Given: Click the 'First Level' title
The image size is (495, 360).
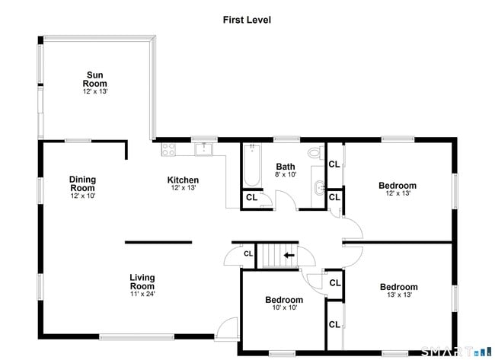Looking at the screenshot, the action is point(247,20).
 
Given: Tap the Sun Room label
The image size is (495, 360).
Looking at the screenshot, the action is point(94,79).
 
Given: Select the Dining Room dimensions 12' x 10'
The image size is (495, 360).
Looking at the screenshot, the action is point(83,196).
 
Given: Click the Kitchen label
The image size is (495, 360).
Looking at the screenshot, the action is point(183,180).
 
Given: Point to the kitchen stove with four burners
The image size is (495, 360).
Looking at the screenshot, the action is point(168,149).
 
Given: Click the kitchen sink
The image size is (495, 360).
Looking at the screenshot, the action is point(204,149).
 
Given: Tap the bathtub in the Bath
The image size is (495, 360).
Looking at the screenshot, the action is point(252,166).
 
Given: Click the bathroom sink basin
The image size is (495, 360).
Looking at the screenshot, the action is point(320,188).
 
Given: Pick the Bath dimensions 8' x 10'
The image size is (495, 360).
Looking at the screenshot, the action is point(286,174).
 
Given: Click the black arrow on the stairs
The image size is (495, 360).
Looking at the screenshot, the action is point(289,255).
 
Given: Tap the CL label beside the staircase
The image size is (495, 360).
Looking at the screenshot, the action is point(248,253).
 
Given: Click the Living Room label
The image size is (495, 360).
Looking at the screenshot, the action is point(142,282).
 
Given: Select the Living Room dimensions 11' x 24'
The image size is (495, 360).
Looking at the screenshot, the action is point(142,294).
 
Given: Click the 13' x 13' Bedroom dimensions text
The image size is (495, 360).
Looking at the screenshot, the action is point(399,295).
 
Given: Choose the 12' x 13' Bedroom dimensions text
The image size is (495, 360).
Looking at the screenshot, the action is point(398,193).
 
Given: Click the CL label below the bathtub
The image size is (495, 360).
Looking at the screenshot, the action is point(251,198).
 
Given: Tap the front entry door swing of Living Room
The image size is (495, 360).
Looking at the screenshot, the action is point(227,328).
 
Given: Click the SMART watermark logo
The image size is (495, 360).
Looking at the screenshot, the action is point(456,352).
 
